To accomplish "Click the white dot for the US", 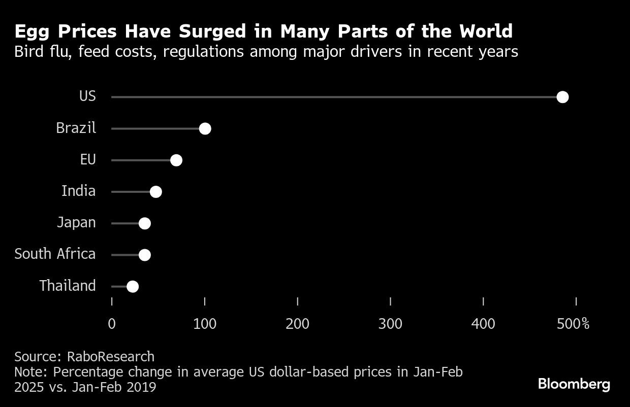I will pos(562,97).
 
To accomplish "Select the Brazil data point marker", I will pos(205,128).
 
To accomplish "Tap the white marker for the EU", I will pos(176,160).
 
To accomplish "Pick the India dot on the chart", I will pos(156,192).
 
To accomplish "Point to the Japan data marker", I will pos(145,223).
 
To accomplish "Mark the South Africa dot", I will pos(145,255).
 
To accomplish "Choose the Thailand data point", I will pos(133,287).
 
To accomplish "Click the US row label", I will pos(87,96).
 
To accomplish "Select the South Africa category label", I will pos(55,254).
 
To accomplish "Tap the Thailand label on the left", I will pos(68,286).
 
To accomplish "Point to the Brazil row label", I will pos(76,128).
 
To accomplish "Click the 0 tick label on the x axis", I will pos(112,324).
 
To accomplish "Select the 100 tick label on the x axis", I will pos(204,324).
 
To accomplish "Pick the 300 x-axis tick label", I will pos(390,324).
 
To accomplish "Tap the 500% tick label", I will pos(573,324).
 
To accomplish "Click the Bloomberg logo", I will pos(574,384).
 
